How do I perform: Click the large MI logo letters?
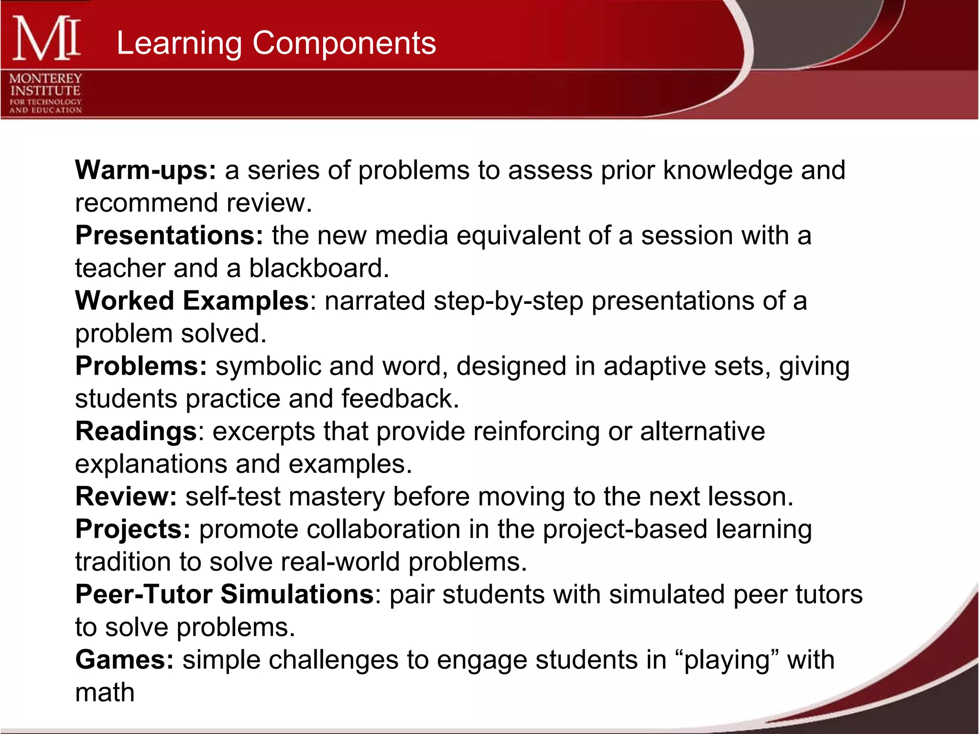coord(46,38)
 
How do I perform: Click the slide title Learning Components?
coord(276,43)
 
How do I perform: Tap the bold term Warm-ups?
coord(146,170)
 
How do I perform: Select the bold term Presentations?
coord(169,236)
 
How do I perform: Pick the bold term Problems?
coord(141,367)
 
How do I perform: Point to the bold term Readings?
coord(136,432)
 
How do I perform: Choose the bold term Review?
coord(126,497)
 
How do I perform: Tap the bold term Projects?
coord(133,529)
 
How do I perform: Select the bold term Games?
coord(124,660)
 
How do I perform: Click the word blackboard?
coord(319,268)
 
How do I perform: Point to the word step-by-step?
coord(509,302)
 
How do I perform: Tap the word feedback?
coord(400,399)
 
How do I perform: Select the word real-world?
coord(340,562)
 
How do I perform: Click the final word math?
coord(105,692)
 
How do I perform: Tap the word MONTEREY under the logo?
coord(45,78)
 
